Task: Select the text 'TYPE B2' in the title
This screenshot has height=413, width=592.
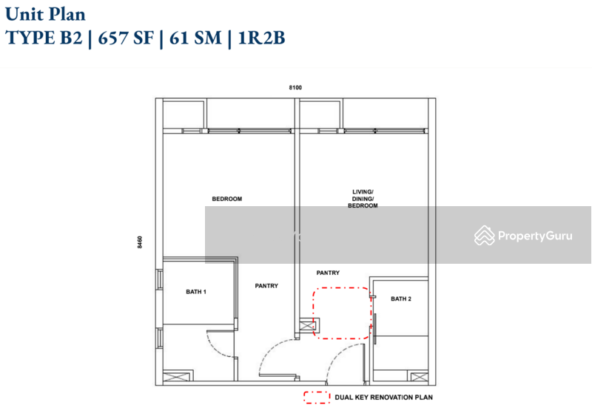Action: click(x=40, y=38)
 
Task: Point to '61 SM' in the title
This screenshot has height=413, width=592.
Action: click(x=192, y=38)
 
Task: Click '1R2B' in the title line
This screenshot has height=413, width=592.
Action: click(x=258, y=38)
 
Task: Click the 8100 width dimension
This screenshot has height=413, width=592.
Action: click(x=295, y=88)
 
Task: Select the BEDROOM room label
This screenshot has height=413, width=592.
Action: click(x=227, y=199)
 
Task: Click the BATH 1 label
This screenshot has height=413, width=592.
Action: click(x=196, y=292)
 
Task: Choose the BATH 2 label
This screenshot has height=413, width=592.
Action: click(x=400, y=298)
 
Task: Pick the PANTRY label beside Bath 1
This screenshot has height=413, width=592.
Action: click(x=266, y=286)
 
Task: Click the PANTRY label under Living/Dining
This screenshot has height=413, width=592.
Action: click(x=328, y=273)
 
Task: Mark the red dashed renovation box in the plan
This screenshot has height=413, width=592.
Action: click(x=341, y=313)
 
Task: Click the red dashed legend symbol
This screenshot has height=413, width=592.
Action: click(x=317, y=397)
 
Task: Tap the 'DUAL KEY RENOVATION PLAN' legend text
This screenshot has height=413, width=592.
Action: click(x=384, y=397)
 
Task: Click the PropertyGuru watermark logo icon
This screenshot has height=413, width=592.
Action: click(x=485, y=235)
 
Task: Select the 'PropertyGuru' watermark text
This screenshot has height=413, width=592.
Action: click(x=535, y=236)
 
